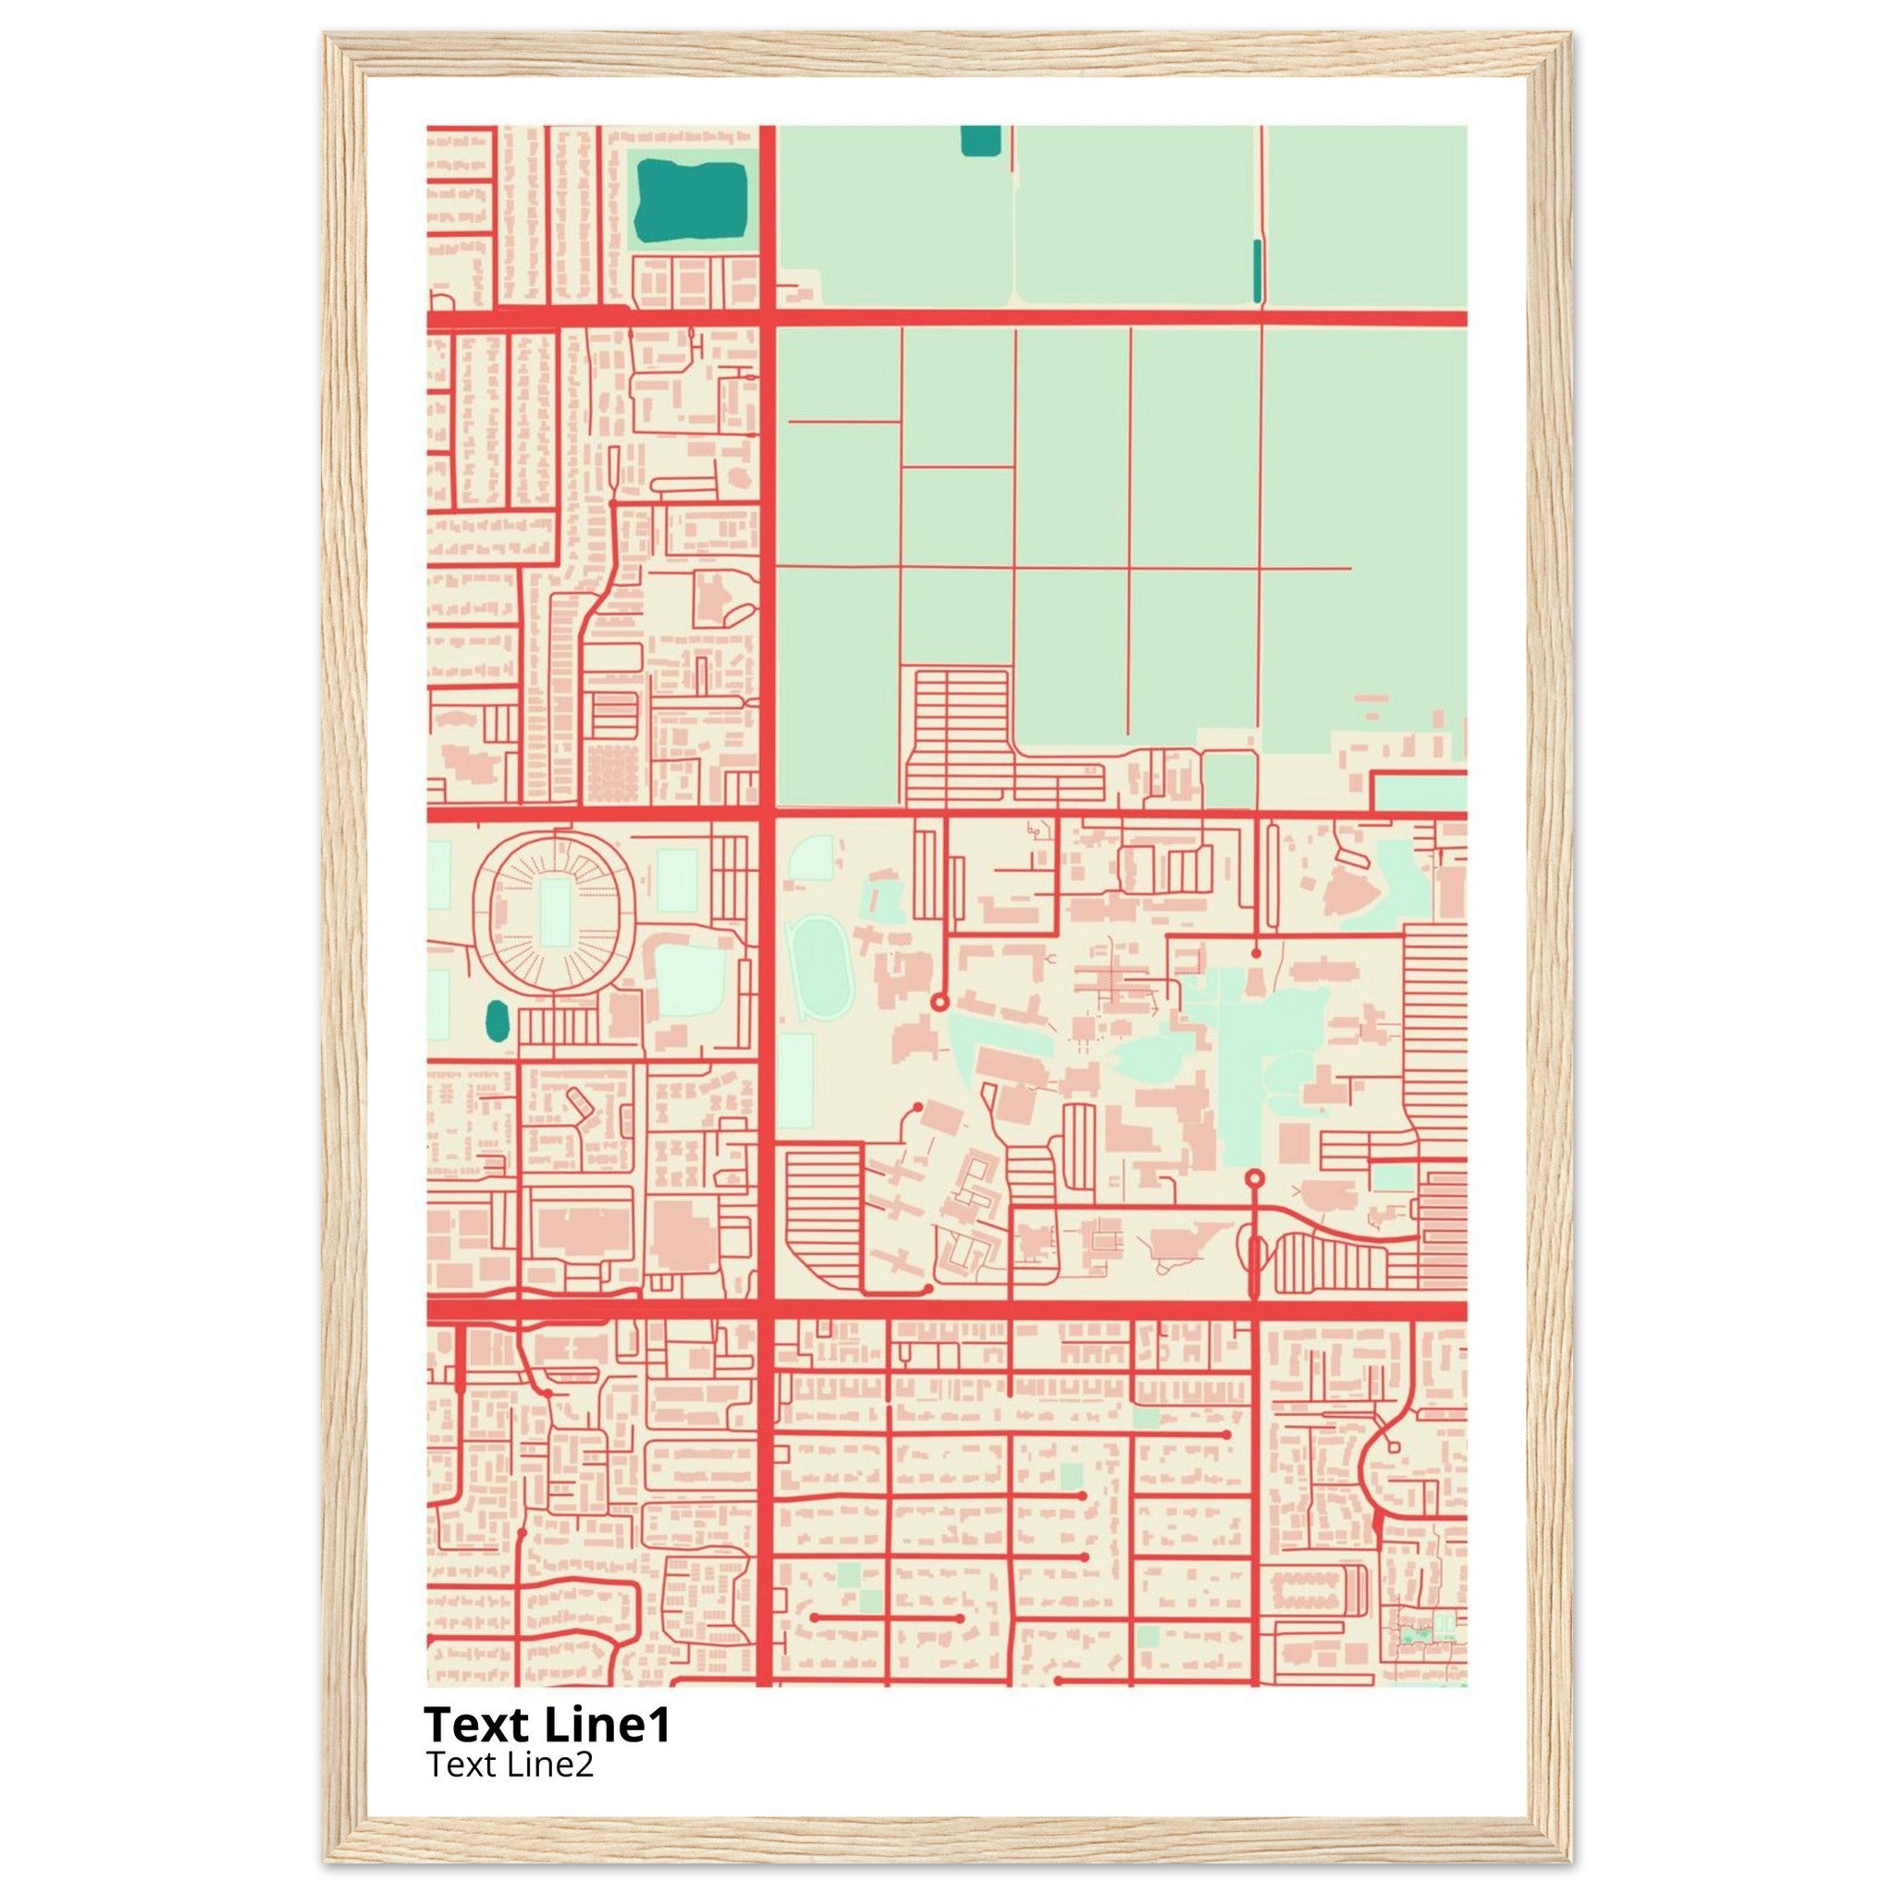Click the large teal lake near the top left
[691, 202]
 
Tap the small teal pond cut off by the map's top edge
[980, 141]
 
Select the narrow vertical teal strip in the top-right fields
[1257, 271]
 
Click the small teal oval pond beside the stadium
[497, 1022]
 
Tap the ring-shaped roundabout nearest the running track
[938, 1002]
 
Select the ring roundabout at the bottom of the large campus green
[1254, 1178]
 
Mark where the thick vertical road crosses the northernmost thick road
[767, 317]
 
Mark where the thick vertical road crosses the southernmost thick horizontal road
[767, 1310]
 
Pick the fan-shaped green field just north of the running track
[811, 860]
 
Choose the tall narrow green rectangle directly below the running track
[796, 1080]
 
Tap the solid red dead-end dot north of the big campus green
[1256, 952]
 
